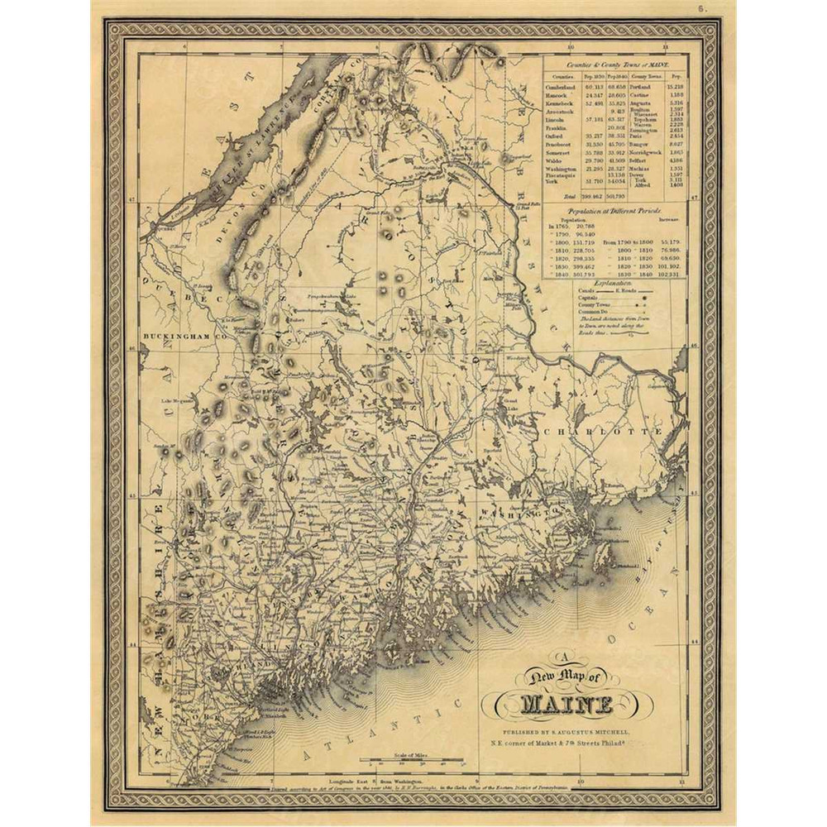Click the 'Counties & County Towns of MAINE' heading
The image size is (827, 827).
coord(614,64)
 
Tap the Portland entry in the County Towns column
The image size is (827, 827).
coord(641,86)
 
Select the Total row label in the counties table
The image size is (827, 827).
coord(568,196)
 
